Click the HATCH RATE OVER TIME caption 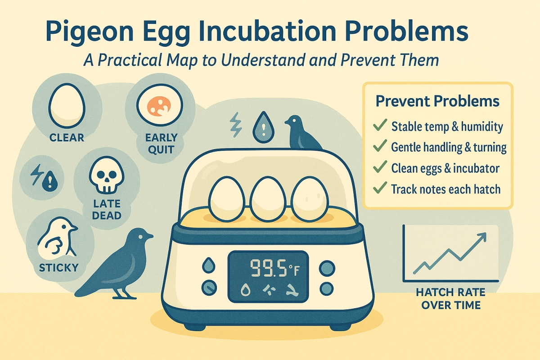point(448,298)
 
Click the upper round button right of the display point(327,268)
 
